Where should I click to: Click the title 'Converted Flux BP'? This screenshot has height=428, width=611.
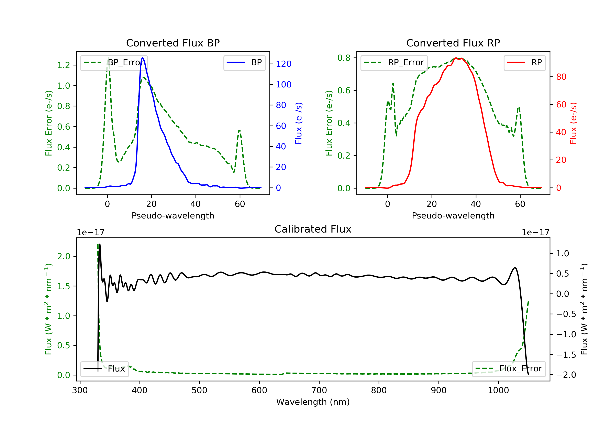(x=173, y=43)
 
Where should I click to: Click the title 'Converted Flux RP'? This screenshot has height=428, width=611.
(x=453, y=43)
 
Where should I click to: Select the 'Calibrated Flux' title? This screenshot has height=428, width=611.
(x=313, y=229)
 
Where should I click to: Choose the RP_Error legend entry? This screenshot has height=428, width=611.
(x=394, y=63)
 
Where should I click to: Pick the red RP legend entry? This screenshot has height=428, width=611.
(x=524, y=63)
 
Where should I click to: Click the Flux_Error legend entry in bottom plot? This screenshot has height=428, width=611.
(x=509, y=369)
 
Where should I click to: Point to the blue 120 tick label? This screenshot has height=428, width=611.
(x=284, y=64)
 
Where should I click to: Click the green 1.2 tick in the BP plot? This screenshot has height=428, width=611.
(x=64, y=65)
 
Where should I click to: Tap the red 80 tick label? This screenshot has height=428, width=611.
(x=561, y=77)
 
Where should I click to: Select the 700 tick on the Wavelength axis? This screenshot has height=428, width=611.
(x=319, y=390)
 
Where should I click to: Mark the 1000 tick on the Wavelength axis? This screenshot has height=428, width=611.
(x=498, y=390)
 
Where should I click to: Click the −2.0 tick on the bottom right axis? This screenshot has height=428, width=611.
(x=566, y=375)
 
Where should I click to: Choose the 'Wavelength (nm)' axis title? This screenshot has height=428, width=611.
(x=313, y=402)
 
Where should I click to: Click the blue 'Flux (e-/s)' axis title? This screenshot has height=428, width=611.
(x=299, y=123)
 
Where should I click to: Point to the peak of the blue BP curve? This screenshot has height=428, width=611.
(x=143, y=58)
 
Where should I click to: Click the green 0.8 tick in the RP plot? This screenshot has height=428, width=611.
(x=344, y=58)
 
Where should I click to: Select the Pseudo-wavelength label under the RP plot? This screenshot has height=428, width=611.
(x=453, y=215)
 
